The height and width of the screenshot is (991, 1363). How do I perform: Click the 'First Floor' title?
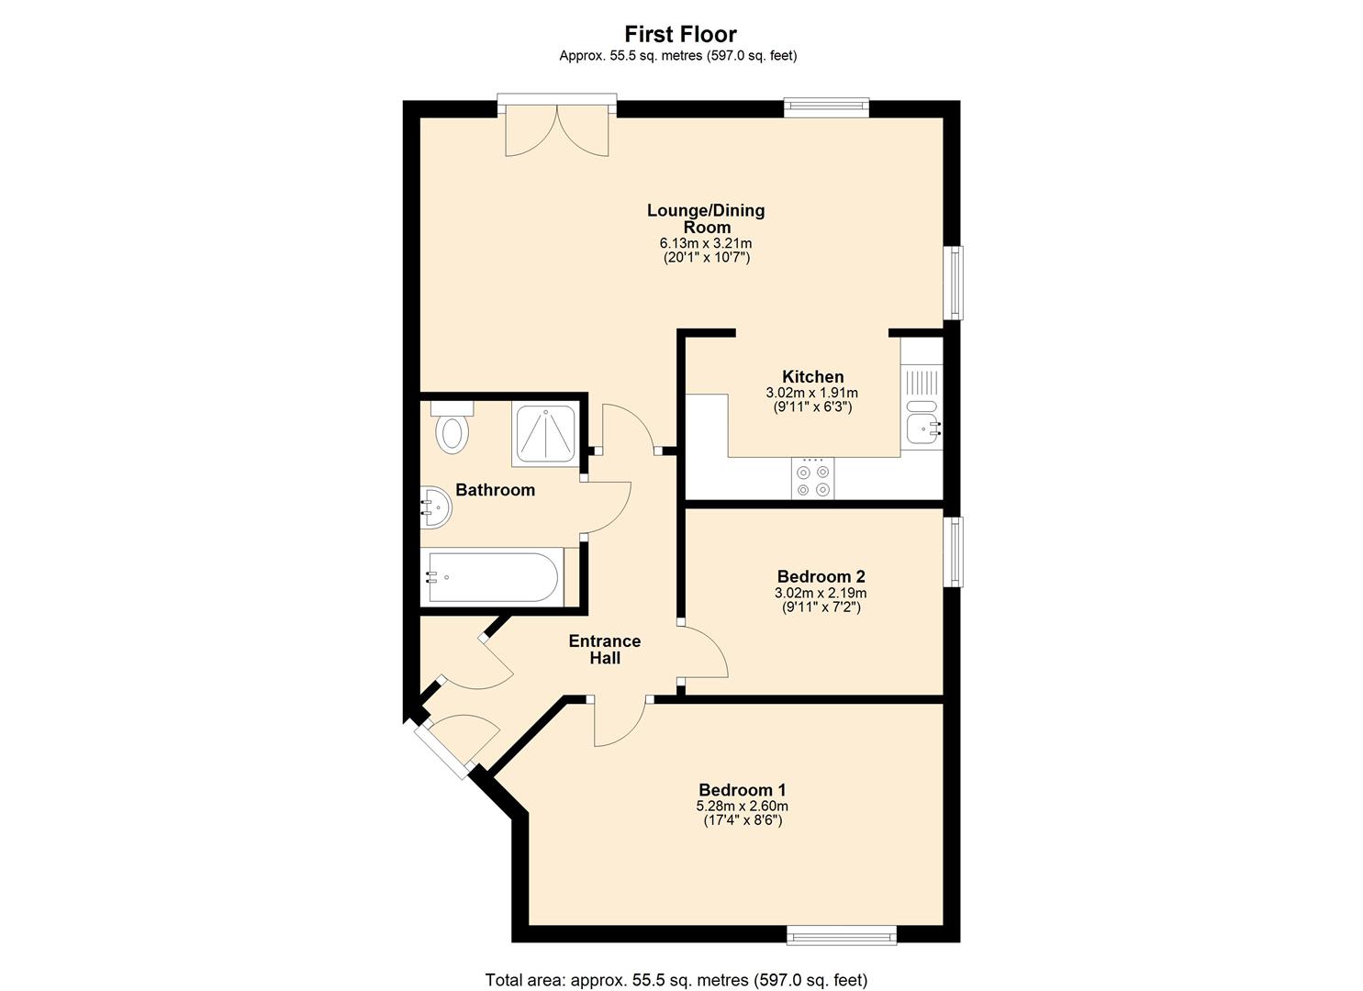[680, 34]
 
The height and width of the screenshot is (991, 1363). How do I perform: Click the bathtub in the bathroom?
[492, 577]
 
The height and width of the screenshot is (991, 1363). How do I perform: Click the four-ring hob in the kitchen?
[813, 479]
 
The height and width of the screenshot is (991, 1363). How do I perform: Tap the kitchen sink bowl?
[922, 428]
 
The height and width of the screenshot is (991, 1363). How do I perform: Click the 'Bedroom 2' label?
[821, 576]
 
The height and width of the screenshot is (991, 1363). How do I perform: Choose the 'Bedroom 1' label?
[742, 790]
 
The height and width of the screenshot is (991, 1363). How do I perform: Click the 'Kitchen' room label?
[812, 376]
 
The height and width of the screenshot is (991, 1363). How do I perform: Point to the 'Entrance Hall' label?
[604, 649]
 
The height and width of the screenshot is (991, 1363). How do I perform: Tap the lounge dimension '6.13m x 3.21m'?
[705, 243]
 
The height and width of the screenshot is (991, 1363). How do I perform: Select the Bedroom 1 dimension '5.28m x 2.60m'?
[742, 807]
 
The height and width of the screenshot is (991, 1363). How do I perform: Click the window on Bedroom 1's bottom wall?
[841, 935]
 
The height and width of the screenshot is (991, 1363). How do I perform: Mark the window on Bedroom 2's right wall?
[955, 551]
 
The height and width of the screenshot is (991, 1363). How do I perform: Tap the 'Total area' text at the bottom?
[676, 980]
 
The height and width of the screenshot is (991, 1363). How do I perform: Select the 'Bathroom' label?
[495, 490]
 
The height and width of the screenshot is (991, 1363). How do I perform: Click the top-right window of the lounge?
[826, 107]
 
